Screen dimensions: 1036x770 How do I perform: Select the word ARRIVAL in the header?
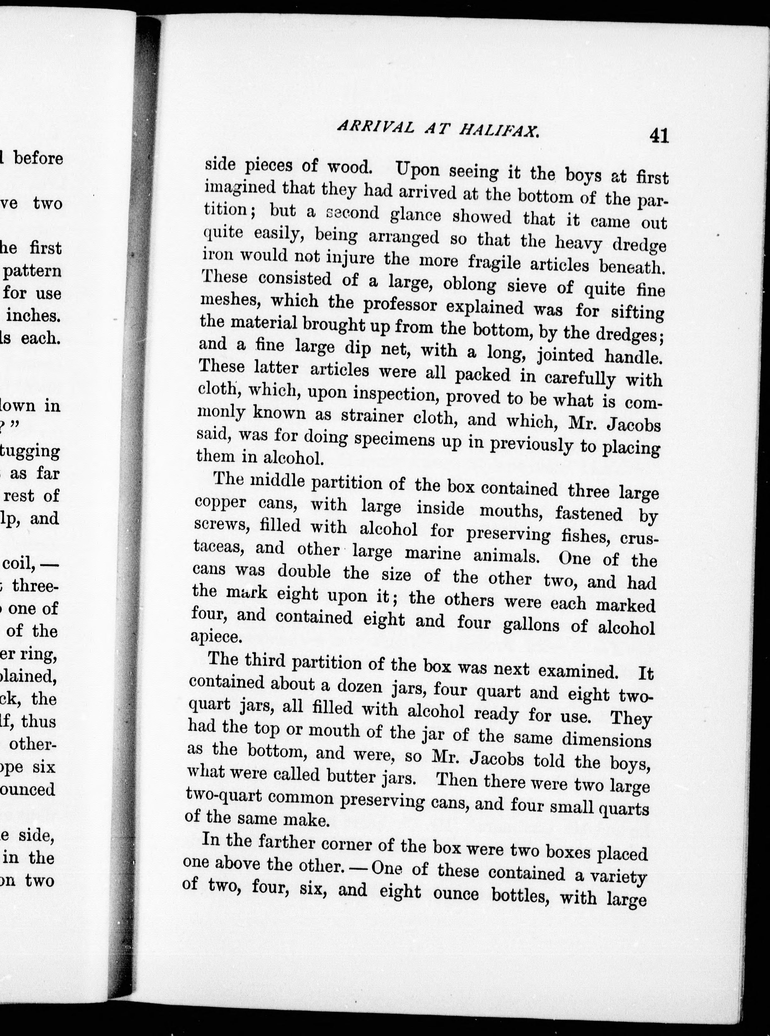coord(375,127)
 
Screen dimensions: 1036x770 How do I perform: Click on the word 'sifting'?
coord(637,312)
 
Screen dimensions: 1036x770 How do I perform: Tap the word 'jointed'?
coord(566,355)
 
